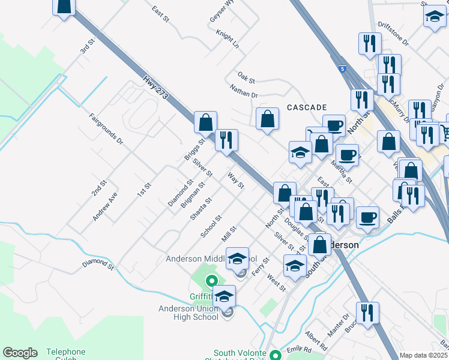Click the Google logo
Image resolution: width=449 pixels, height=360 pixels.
19,353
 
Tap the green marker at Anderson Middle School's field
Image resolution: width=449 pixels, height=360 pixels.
211,280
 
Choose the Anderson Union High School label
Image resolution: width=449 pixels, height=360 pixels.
188,313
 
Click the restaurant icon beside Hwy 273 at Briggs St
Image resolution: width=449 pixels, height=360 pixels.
226,140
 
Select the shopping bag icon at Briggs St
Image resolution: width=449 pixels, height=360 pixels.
205,122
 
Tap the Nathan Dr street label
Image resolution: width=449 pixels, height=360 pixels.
243,91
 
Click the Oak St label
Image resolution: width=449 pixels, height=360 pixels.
246,77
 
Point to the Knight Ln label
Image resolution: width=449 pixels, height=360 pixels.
228,41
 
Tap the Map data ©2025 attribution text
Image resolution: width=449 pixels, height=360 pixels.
423,355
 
